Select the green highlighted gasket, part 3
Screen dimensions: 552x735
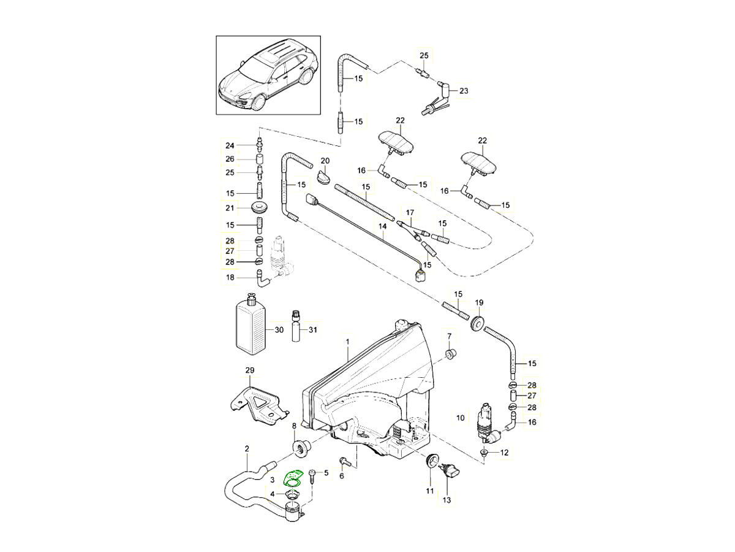click(294, 478)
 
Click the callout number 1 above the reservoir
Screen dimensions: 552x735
click(347, 340)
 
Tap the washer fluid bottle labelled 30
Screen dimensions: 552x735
click(252, 326)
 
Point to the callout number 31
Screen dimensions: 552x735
click(313, 330)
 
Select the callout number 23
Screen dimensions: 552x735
click(464, 91)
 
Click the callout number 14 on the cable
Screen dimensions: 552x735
click(382, 226)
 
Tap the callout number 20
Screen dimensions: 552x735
click(325, 161)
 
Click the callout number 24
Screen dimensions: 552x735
click(230, 145)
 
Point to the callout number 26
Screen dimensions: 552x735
click(230, 159)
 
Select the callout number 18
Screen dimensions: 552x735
click(230, 278)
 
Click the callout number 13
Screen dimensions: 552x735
click(447, 500)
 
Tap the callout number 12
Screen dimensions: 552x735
click(504, 453)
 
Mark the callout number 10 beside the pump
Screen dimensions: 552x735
click(460, 418)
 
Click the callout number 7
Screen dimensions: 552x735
click(449, 336)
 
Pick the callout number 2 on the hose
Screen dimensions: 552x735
click(247, 449)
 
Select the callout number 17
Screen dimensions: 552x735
click(410, 213)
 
